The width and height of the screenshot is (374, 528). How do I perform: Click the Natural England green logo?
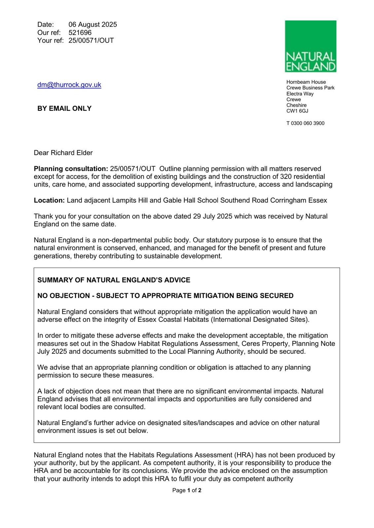tap(310, 46)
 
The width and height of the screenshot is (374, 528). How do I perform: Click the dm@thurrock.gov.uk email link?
tap(69, 85)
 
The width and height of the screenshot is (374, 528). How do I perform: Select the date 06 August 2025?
tap(93, 24)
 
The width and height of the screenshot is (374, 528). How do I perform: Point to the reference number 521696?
tap(80, 32)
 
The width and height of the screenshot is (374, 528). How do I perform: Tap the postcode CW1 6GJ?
tap(297, 111)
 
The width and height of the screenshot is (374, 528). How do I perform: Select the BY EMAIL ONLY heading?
tap(64, 109)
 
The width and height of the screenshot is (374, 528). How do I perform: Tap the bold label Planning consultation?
tap(71, 169)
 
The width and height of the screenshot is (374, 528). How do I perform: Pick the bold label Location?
tap(49, 200)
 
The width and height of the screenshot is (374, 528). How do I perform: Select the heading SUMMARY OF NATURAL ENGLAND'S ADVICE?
tap(114, 280)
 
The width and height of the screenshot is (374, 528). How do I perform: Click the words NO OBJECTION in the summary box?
tap(63, 296)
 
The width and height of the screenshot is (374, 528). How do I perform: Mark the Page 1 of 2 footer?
tap(187, 490)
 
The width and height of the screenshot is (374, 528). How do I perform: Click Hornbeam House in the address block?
tap(306, 82)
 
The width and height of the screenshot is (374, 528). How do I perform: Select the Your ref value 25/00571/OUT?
tap(91, 40)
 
